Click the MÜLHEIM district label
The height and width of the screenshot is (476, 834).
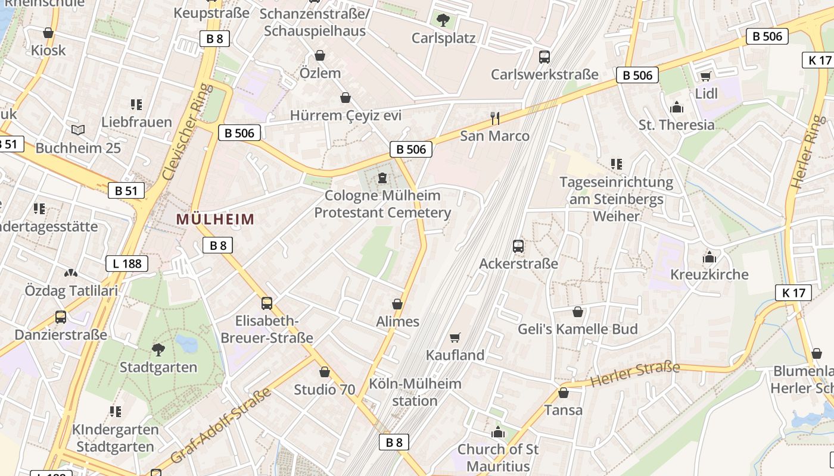(x=215, y=219)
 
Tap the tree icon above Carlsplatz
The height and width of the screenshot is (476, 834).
(x=443, y=21)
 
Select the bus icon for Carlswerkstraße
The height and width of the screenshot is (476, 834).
(x=544, y=57)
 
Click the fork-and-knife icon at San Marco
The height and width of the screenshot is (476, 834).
(x=494, y=118)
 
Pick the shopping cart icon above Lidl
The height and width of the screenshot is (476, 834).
(x=706, y=76)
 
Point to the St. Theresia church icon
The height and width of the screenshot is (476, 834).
(x=677, y=108)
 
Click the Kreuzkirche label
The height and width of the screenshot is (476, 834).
(x=709, y=274)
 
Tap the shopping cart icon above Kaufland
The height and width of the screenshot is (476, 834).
(x=455, y=338)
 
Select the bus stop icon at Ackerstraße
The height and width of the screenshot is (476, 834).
(x=518, y=246)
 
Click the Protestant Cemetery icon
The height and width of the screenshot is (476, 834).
(x=382, y=178)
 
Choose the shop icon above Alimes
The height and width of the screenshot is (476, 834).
(x=397, y=304)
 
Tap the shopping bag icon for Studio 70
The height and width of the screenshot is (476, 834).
(x=324, y=372)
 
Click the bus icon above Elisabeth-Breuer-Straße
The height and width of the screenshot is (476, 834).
(x=266, y=303)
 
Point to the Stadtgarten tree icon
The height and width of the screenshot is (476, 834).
(x=158, y=349)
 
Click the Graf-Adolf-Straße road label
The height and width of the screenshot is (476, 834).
(x=221, y=425)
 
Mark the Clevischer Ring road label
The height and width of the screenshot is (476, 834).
(x=187, y=132)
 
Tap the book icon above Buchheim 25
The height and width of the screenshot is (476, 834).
(x=77, y=130)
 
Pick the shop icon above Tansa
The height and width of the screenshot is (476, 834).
(x=563, y=393)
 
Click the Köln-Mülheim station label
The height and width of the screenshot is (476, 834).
(x=415, y=392)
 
